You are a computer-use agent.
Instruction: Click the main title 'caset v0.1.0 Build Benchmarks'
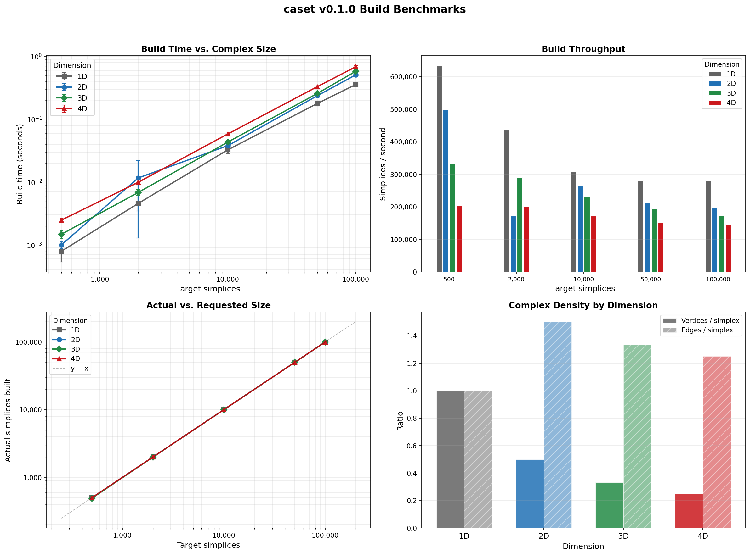(x=374, y=9)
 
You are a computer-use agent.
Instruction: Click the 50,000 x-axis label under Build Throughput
(x=651, y=280)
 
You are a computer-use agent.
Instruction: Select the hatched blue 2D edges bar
(x=557, y=425)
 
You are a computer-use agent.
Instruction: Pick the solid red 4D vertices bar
(x=689, y=511)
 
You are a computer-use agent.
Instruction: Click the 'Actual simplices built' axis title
(x=8, y=420)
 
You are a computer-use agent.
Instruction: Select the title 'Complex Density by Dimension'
(x=583, y=305)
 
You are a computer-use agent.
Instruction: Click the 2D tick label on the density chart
(x=543, y=536)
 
